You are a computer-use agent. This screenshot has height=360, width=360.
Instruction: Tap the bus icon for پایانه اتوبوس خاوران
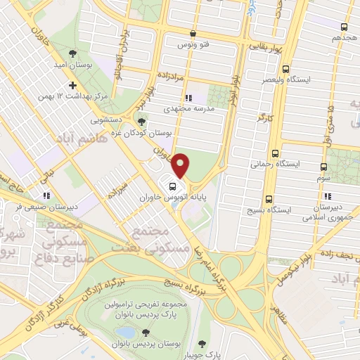[x=172, y=186]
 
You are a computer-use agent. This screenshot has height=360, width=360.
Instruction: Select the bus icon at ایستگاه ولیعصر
[x=285, y=69]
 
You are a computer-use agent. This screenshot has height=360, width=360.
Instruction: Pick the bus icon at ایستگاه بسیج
[x=269, y=199]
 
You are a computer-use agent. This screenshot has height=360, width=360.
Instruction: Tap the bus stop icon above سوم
[x=323, y=167]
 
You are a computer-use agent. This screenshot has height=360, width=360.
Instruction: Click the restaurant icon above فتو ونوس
[x=191, y=33]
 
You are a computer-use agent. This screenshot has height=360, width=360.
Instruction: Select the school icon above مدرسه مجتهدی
[x=187, y=98]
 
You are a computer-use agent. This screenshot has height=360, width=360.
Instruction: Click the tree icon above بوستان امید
[x=72, y=53]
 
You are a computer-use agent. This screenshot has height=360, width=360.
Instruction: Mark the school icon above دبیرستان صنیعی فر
[x=46, y=195]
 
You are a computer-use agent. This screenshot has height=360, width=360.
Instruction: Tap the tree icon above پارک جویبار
[x=203, y=343]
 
